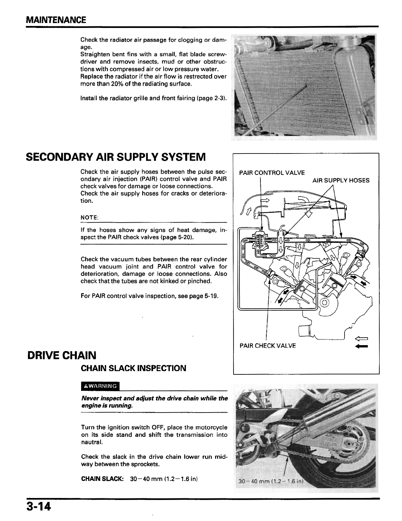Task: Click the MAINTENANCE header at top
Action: (x=56, y=20)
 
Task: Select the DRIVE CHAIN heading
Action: (x=62, y=355)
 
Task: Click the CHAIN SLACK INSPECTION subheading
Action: (x=133, y=368)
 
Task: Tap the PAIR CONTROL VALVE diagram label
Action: (x=272, y=173)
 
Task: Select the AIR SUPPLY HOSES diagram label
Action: (x=341, y=180)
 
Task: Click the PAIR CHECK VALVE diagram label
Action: (x=267, y=346)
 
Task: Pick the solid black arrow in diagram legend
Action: (x=362, y=346)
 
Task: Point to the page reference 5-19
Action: (x=212, y=296)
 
